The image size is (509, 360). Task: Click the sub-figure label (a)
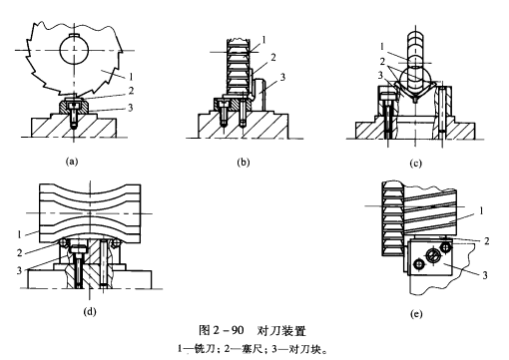(72, 162)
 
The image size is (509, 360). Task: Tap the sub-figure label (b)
(244, 163)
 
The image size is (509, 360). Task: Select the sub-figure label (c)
(416, 164)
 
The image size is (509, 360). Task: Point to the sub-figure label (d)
(90, 311)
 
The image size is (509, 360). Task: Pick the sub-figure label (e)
(416, 314)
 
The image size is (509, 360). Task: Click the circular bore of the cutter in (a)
(74, 50)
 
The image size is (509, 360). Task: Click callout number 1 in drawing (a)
(131, 77)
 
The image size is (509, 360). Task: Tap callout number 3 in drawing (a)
(131, 108)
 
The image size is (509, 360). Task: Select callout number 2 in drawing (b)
(273, 58)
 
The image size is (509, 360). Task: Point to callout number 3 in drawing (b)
(282, 77)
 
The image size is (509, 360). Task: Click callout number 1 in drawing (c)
(382, 47)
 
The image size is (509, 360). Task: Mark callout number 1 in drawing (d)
(19, 234)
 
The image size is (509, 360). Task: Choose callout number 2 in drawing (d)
(19, 253)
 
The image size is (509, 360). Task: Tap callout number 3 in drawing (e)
(485, 275)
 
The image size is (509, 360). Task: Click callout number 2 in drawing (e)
(486, 240)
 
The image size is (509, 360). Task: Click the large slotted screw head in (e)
(431, 256)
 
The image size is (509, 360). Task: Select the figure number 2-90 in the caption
(228, 331)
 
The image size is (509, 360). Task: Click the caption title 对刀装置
(281, 331)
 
